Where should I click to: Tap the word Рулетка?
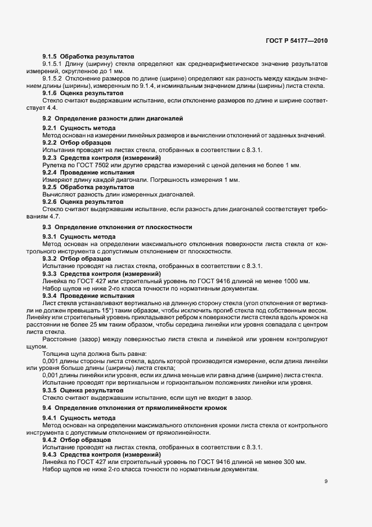54,165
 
